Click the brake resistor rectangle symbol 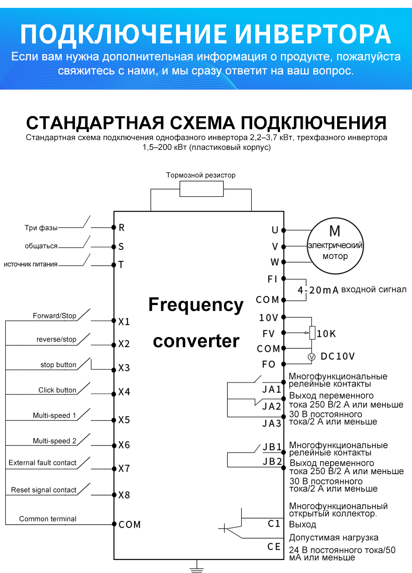pyautogui.click(x=202, y=189)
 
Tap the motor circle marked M pyautogui.click(x=335, y=246)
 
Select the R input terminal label pyautogui.click(x=122, y=228)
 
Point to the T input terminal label pyautogui.click(x=121, y=265)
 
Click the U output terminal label pyautogui.click(x=275, y=230)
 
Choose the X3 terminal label pyautogui.click(x=124, y=368)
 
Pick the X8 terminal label pyautogui.click(x=124, y=495)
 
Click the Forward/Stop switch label pyautogui.click(x=54, y=316)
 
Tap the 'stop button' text pyautogui.click(x=58, y=365)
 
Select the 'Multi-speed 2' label pyautogui.click(x=54, y=441)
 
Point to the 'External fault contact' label pyautogui.click(x=43, y=463)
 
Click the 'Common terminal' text pyautogui.click(x=48, y=519)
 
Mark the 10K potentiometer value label pyautogui.click(x=326, y=334)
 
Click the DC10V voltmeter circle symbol pyautogui.click(x=311, y=357)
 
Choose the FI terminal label pyautogui.click(x=273, y=279)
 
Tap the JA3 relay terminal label pyautogui.click(x=272, y=423)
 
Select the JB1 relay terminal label pyautogui.click(x=272, y=447)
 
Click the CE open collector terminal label pyautogui.click(x=274, y=546)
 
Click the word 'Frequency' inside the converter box pyautogui.click(x=196, y=305)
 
